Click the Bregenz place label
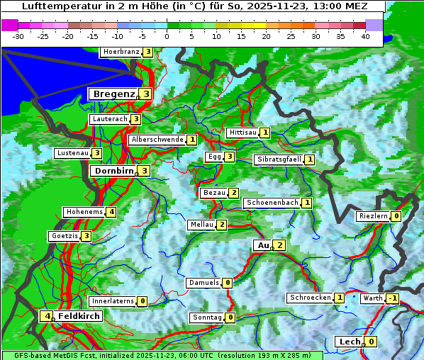[113, 94]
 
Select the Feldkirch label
[79, 316]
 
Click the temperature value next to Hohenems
[111, 212]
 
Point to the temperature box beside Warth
[392, 298]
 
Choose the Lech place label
[350, 342]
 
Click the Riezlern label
[373, 216]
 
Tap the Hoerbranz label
[120, 52]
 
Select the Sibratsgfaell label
[279, 159]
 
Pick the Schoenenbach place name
[272, 203]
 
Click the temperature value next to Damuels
[227, 283]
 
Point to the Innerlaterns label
[113, 301]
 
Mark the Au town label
[262, 245]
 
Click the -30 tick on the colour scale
[19, 35]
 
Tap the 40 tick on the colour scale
[365, 35]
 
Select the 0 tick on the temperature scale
[167, 35]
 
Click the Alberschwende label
[157, 140]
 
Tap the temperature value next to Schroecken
[340, 298]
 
